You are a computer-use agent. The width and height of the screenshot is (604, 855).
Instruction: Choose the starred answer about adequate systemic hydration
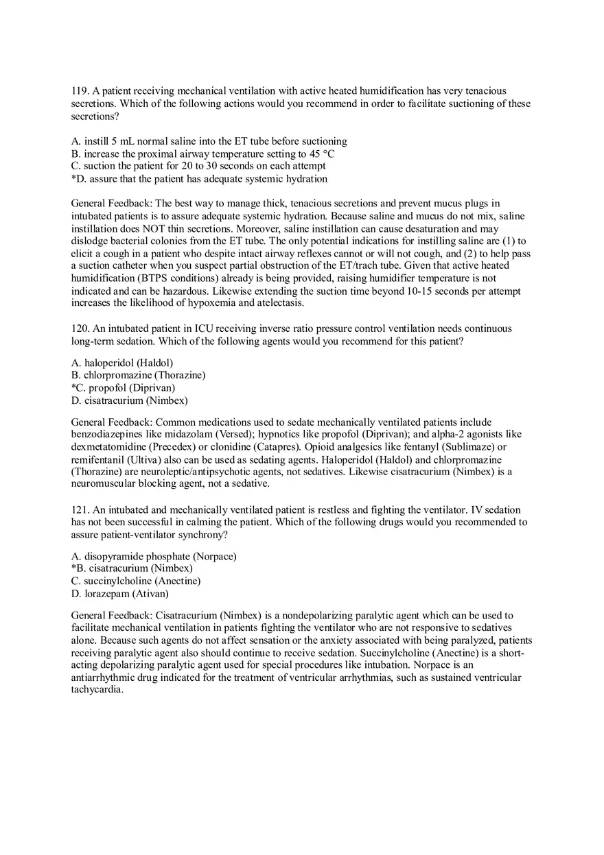(199, 179)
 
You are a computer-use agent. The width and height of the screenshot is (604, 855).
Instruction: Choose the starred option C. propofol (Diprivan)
(123, 387)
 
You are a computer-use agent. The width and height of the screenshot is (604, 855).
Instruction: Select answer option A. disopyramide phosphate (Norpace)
(154, 556)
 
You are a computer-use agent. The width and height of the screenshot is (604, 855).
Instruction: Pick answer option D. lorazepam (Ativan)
(120, 594)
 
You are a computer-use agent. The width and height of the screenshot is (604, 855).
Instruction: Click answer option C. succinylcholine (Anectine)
(136, 581)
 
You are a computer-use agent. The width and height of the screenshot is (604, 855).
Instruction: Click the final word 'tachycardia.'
(97, 690)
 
